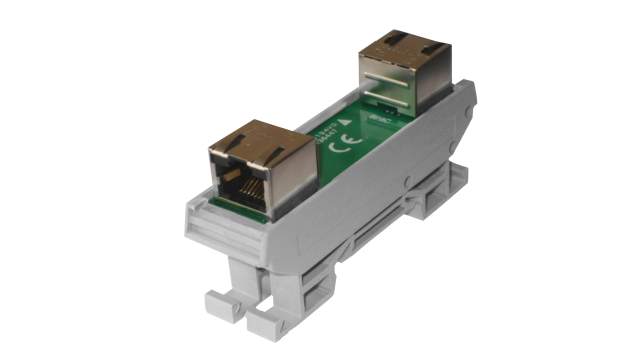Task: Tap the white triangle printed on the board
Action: [344, 121]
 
